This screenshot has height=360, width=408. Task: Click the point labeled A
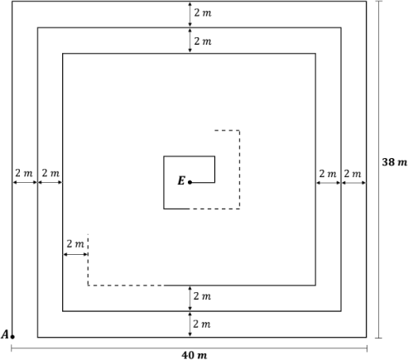12,337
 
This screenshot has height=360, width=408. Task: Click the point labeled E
190,182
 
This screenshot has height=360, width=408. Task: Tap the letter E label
181,180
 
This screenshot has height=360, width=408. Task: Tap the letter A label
5,334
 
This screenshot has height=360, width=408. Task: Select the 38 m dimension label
394,162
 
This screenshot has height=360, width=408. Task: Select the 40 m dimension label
194,355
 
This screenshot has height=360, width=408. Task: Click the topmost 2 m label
203,12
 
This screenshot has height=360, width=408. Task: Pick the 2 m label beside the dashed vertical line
75,244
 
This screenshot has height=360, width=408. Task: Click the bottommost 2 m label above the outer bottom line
202,324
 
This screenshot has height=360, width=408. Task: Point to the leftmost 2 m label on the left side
24,173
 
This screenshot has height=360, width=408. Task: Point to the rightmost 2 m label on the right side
353,174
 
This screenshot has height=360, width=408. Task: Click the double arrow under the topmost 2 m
190,15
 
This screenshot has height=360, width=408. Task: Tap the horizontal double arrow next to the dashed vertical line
75,254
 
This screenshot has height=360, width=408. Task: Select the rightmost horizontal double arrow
354,183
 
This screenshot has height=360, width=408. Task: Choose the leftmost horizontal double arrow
25,182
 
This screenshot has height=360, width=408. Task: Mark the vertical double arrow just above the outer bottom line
190,324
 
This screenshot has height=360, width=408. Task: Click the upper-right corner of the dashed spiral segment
239,130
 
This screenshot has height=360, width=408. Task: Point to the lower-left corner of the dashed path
88,286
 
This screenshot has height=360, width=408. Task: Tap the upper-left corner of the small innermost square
164,156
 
